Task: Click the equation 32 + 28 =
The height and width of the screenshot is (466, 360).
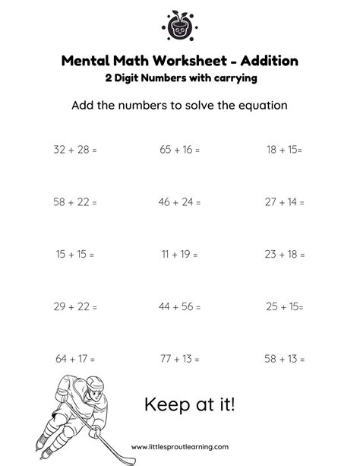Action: [75, 150]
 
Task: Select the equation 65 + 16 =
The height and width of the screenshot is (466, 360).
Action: [179, 150]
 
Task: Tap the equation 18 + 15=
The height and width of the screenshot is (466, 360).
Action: [284, 150]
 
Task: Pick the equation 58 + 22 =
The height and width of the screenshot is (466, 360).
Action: [75, 202]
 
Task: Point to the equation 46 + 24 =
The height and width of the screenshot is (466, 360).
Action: [179, 202]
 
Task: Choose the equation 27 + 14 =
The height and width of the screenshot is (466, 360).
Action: [284, 202]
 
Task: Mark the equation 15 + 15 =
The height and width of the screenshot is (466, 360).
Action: [75, 255]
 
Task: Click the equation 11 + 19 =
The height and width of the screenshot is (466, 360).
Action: [179, 255]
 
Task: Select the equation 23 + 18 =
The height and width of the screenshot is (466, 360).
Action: [284, 255]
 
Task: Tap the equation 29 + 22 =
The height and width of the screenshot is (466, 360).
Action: [75, 306]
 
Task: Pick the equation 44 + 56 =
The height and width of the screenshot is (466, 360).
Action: [179, 306]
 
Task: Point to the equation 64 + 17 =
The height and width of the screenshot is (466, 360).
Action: [75, 358]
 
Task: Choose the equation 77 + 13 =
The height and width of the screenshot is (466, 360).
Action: [179, 358]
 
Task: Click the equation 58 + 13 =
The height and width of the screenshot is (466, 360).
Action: [284, 358]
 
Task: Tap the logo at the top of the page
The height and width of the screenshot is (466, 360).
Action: [179, 26]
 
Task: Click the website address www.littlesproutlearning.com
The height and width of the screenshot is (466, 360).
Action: [180, 447]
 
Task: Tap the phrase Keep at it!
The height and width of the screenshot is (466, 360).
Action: [190, 404]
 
